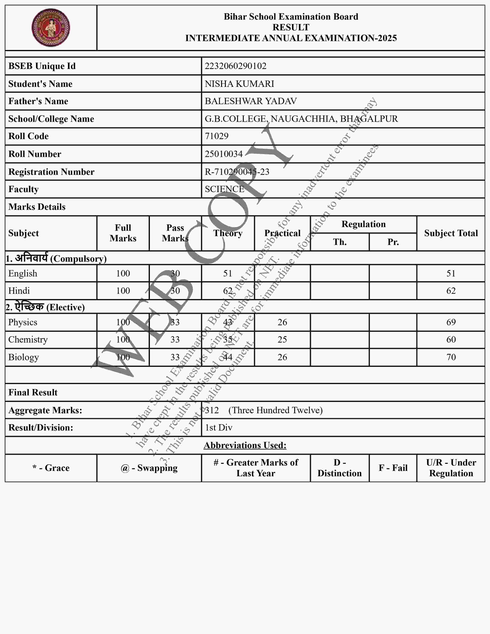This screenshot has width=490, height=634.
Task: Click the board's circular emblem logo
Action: (x=51, y=28)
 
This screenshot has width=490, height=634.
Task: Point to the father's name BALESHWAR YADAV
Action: (x=251, y=101)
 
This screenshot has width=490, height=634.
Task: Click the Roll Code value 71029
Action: (x=217, y=136)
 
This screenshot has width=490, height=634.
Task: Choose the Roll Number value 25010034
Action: (x=223, y=154)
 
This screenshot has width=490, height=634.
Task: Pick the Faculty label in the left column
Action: (x=23, y=189)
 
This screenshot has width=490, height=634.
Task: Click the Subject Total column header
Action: (x=451, y=233)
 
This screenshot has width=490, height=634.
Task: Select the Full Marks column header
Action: (x=123, y=233)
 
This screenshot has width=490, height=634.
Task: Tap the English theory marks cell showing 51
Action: (x=228, y=273)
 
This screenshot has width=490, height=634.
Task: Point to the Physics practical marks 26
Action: (x=282, y=322)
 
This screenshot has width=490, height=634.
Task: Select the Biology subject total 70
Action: (x=451, y=357)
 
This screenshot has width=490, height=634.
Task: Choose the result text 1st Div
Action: (x=219, y=428)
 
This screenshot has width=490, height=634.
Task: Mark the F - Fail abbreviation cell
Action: (x=393, y=468)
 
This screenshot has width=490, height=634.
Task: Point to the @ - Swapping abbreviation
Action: (x=149, y=468)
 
